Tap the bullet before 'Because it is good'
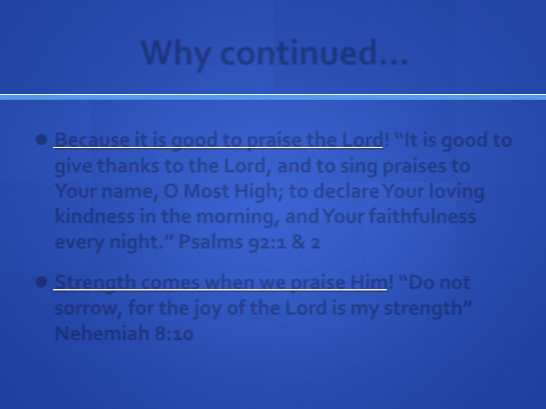click(41, 140)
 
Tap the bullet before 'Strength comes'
click(41, 282)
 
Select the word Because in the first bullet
click(92, 140)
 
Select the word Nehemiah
click(102, 333)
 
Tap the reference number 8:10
click(174, 334)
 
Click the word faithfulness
click(422, 216)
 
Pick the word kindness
click(94, 216)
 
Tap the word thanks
click(128, 165)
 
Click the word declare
click(346, 191)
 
